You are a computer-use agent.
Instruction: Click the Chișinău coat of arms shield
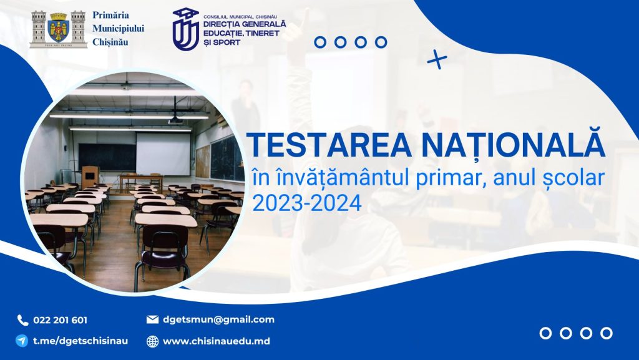click(x=58, y=27)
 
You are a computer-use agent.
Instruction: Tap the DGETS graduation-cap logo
click(x=186, y=29)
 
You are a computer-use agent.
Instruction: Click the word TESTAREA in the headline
click(x=329, y=145)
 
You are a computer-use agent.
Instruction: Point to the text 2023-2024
click(x=307, y=202)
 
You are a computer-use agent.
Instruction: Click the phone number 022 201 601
click(x=60, y=320)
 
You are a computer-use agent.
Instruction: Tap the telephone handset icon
click(x=22, y=320)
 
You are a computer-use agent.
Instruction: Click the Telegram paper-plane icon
click(x=22, y=341)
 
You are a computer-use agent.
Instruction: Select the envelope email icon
click(x=152, y=319)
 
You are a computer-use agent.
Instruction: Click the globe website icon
click(x=152, y=341)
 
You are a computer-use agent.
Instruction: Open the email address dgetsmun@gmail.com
click(x=218, y=319)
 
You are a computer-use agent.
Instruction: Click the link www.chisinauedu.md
click(x=216, y=341)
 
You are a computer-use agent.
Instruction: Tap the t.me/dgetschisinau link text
click(x=80, y=341)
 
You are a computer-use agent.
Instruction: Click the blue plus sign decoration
click(x=437, y=59)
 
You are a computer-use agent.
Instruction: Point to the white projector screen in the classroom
click(x=163, y=154)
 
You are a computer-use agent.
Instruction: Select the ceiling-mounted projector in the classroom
click(x=175, y=120)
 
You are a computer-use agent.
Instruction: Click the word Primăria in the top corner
click(x=110, y=15)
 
